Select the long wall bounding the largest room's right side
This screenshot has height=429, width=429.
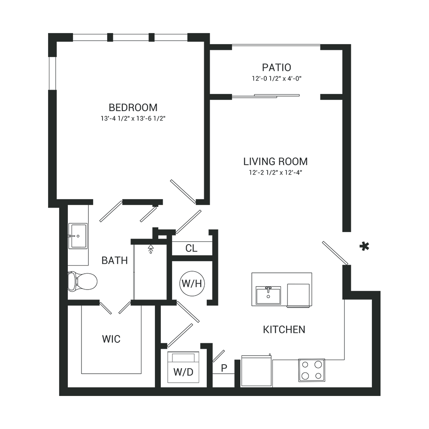click(205, 120)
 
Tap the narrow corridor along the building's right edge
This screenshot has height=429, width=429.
click(363, 172)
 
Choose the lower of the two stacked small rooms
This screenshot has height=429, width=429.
click(192, 279)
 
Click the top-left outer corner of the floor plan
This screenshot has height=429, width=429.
click(48, 33)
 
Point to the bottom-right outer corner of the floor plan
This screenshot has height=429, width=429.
click(380, 395)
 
